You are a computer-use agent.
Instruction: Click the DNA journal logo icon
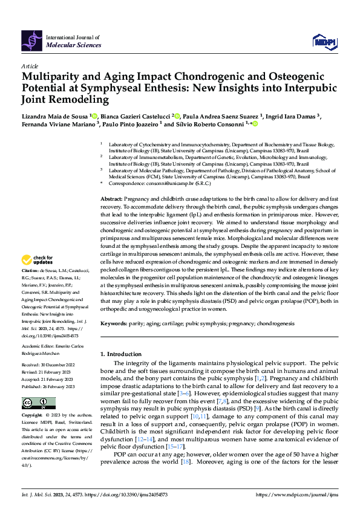coord(31,40)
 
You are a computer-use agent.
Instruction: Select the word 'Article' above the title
coord(30,66)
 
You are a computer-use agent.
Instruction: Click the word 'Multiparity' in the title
coord(53,77)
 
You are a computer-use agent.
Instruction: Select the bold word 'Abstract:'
coord(113,199)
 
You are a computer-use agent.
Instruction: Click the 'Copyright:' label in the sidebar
coord(33,416)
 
